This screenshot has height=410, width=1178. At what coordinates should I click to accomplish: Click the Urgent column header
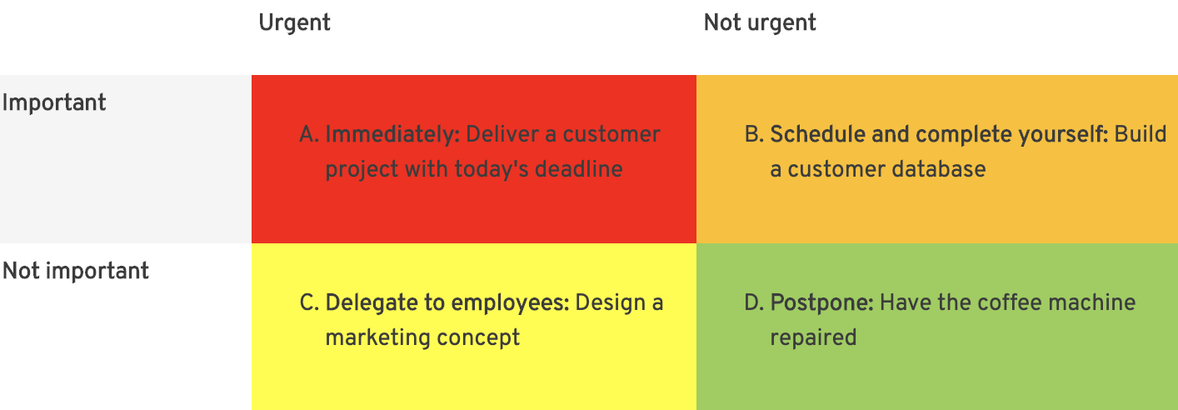295,22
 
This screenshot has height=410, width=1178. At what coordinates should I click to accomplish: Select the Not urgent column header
760,22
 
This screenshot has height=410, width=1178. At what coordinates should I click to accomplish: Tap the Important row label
54,102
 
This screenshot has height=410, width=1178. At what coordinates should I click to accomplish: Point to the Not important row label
76,271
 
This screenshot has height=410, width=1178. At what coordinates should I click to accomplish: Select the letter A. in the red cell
309,135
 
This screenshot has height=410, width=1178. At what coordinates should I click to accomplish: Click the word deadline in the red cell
578,169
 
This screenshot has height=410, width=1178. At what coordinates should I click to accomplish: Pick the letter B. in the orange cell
754,135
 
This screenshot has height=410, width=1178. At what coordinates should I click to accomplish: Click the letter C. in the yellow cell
309,303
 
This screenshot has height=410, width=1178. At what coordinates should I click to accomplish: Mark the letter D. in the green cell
754,303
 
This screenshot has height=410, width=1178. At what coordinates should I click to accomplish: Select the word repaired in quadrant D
814,338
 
